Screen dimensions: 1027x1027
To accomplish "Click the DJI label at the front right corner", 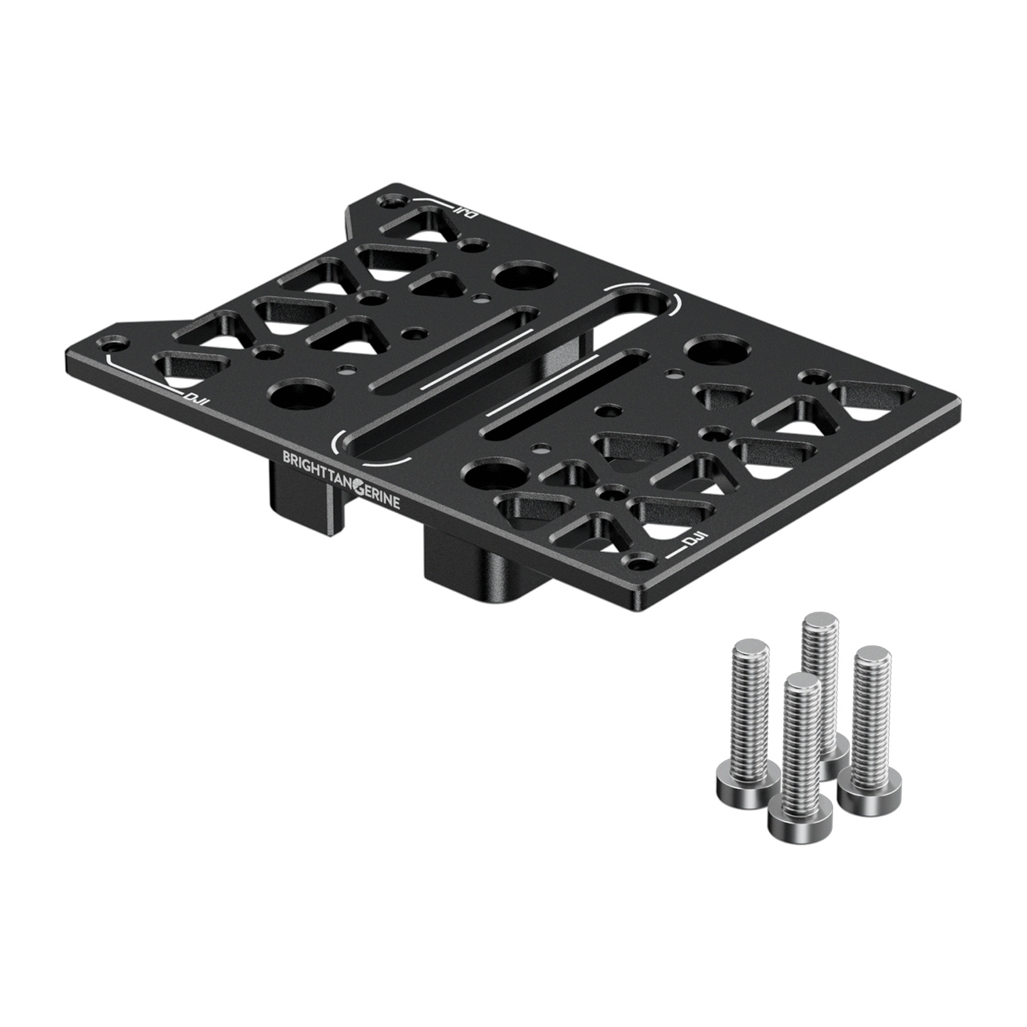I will coord(696,540).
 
